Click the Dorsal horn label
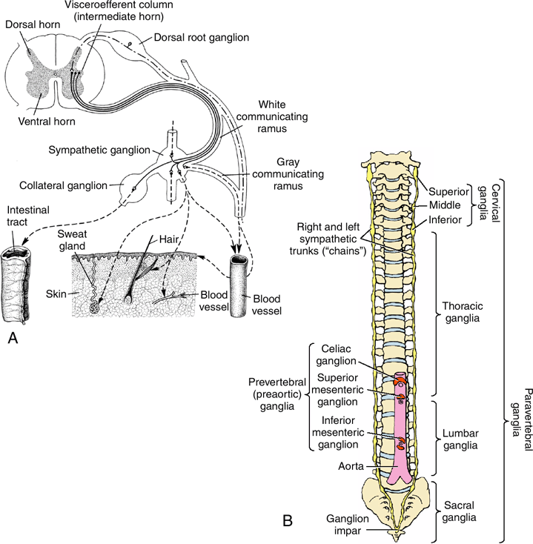coord(29,25)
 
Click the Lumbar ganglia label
coord(458,439)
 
